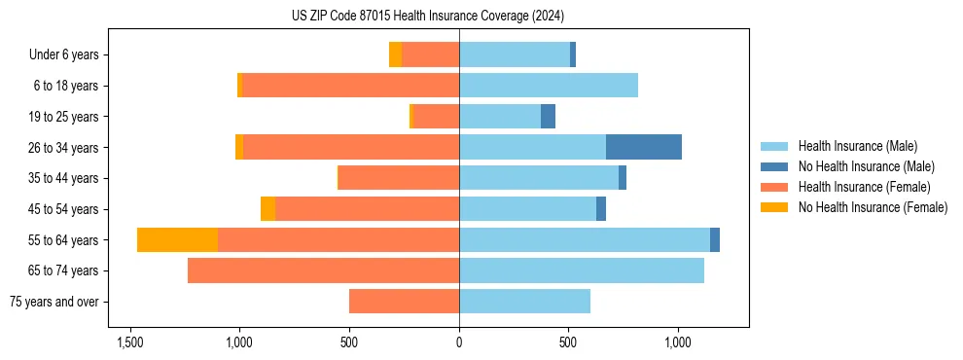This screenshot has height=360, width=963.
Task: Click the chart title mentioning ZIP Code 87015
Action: tap(427, 16)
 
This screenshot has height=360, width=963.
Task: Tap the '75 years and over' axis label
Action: tap(54, 302)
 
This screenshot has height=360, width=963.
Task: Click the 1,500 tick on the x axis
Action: tap(130, 342)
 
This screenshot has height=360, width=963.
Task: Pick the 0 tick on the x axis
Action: tap(459, 342)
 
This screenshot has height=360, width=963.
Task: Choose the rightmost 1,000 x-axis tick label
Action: tap(678, 342)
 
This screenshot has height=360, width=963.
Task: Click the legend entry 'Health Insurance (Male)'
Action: tap(857, 146)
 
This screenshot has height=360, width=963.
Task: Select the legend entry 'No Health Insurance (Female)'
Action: tap(873, 207)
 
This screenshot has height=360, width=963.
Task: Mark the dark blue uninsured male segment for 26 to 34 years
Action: tap(644, 147)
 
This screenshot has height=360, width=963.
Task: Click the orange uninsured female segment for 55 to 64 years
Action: tap(177, 239)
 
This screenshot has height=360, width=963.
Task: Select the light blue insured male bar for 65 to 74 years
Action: tap(582, 270)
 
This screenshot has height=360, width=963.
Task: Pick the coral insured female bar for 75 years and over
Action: tap(404, 302)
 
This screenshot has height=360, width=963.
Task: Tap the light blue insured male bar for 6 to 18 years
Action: tap(549, 86)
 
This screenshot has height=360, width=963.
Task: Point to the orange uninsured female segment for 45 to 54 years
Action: tap(267, 209)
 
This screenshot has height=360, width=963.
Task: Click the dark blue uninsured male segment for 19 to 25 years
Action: tap(548, 117)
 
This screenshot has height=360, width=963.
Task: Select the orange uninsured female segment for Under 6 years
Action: tap(395, 54)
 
